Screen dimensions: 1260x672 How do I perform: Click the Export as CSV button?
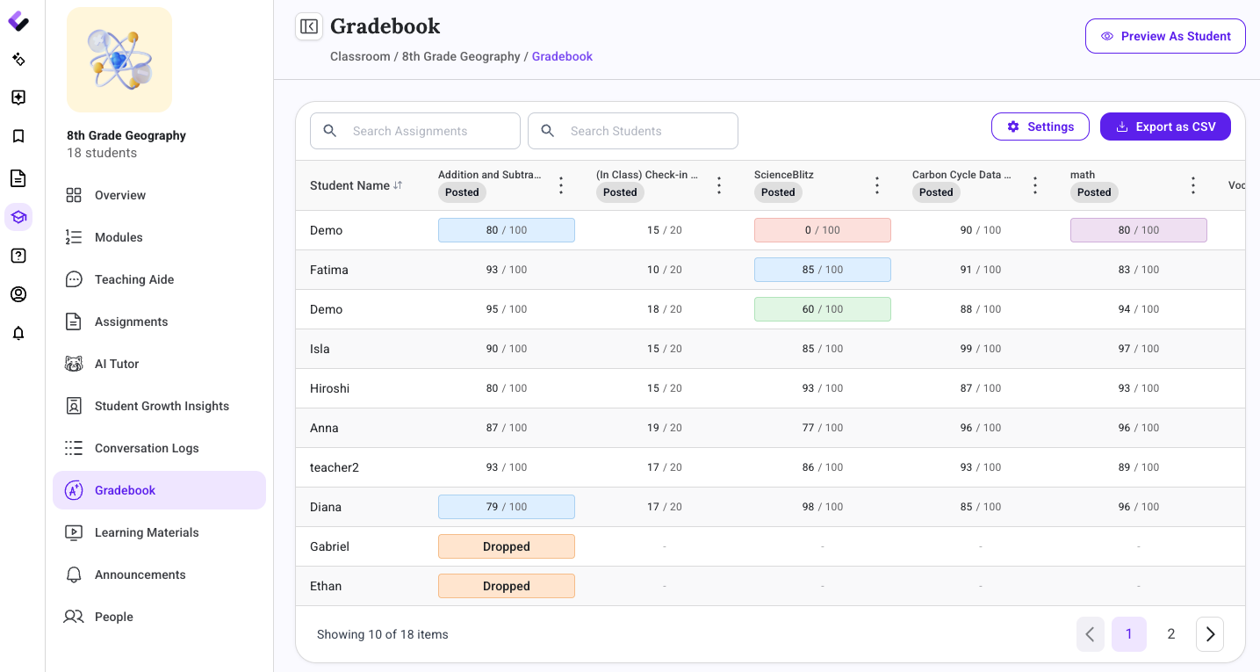click(x=1165, y=126)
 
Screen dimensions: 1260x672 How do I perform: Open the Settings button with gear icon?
click(x=1040, y=126)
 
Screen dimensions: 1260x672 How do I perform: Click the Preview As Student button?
click(x=1165, y=36)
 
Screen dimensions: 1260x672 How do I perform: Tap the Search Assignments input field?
click(x=415, y=131)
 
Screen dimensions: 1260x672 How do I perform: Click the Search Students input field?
click(x=633, y=131)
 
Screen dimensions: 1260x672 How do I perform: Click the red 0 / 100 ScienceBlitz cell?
click(x=823, y=230)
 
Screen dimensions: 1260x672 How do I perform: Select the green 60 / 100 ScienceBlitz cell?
click(x=823, y=309)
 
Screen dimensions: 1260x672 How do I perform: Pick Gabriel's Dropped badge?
click(x=507, y=546)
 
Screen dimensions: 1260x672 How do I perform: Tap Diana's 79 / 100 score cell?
click(x=507, y=507)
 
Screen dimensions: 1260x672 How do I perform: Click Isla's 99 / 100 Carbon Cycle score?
click(x=981, y=349)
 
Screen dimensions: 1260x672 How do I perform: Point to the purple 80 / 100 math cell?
click(x=1139, y=230)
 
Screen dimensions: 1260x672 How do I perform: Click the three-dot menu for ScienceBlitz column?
click(x=877, y=185)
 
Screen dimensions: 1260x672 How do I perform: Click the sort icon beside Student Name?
click(x=399, y=185)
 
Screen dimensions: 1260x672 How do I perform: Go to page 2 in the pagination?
click(x=1171, y=634)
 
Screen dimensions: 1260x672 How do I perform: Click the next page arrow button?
click(x=1210, y=634)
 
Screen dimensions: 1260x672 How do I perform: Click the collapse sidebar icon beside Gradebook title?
click(x=309, y=26)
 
